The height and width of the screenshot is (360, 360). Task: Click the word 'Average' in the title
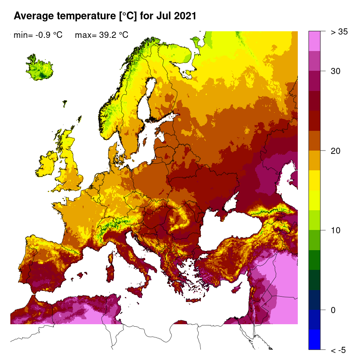[x=33, y=16]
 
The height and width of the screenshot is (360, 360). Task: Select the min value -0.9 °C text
[x=38, y=35]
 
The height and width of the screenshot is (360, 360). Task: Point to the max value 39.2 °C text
[x=102, y=35]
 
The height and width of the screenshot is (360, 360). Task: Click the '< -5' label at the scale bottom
[x=338, y=350]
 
